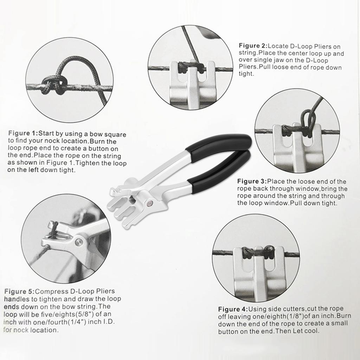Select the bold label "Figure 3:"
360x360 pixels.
click(251, 181)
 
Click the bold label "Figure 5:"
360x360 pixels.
click(20, 291)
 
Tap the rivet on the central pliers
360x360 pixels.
click(150, 203)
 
